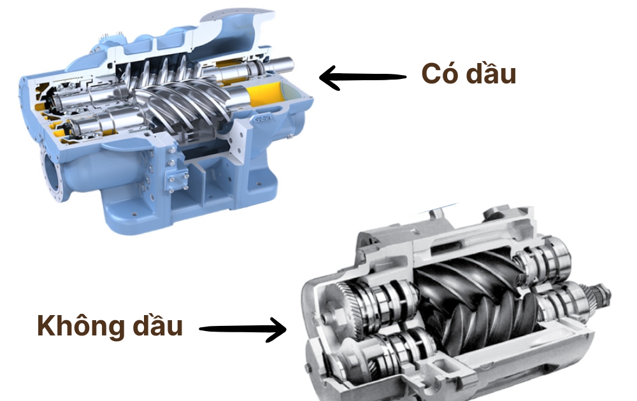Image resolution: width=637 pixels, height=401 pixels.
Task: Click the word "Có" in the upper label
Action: point(439,75)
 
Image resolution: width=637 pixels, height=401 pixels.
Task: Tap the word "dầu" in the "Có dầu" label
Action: point(490,74)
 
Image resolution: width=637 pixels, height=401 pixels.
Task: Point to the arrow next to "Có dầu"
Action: point(362,77)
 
